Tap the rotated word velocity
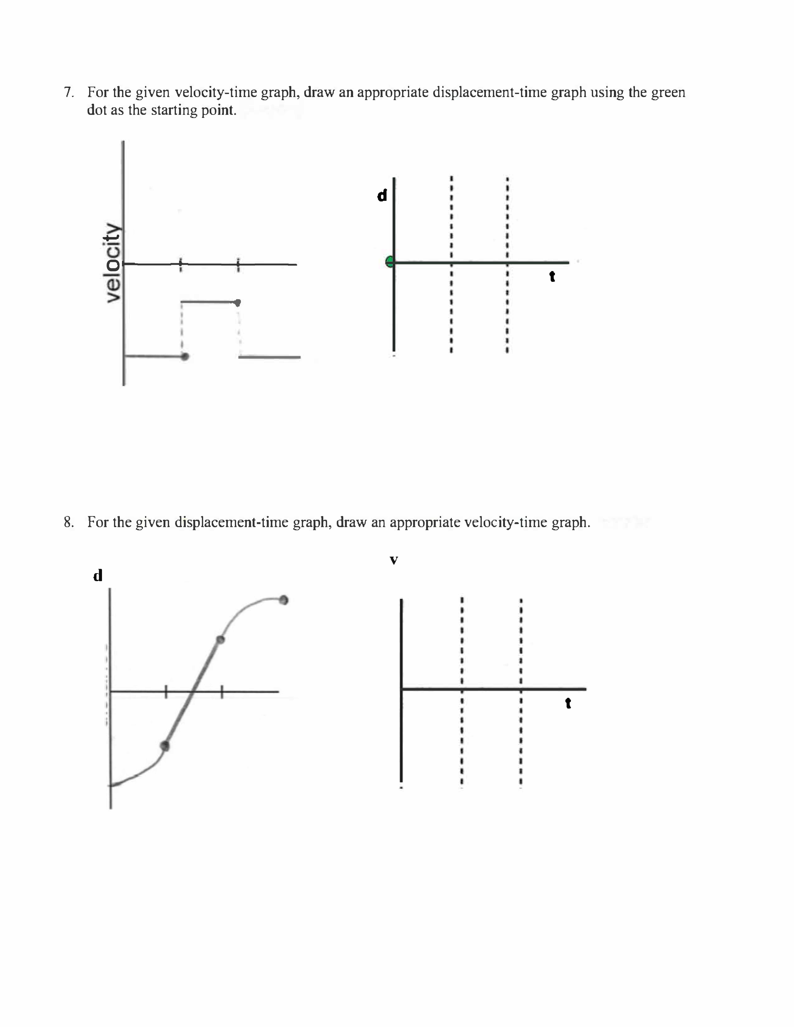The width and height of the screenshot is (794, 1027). click(x=112, y=262)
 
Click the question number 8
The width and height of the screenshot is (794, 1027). click(x=69, y=522)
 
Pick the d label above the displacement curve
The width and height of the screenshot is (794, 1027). click(x=98, y=576)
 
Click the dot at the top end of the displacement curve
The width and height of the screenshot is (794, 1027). click(x=283, y=600)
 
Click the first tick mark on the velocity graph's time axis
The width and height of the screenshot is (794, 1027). click(x=180, y=264)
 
